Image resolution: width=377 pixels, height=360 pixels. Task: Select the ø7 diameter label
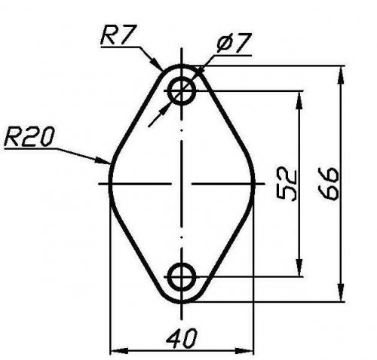coord(234,43)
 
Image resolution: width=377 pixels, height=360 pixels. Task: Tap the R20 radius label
coord(29,136)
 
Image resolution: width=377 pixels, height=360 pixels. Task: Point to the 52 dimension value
coord(287,185)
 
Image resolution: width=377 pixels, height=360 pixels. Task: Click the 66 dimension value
coord(328,184)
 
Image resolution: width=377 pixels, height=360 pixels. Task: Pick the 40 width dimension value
coord(182,337)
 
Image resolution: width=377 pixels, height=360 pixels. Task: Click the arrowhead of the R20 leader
coord(103,160)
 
